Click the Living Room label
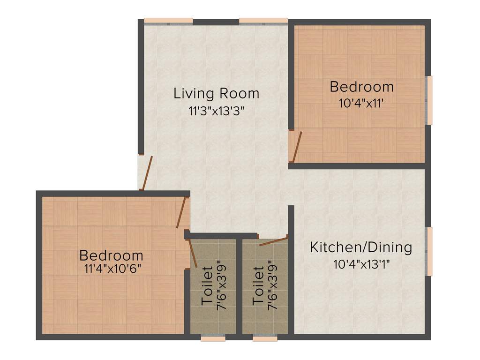(216, 93)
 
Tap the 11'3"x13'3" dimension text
(216, 111)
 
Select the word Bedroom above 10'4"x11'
(361, 87)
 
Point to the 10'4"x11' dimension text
(361, 103)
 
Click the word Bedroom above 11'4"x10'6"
(111, 255)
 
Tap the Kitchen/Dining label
(361, 247)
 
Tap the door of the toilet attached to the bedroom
(192, 253)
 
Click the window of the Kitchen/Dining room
(429, 251)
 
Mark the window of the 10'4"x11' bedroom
(429, 100)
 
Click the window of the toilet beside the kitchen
(265, 337)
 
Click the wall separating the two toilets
(239, 286)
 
